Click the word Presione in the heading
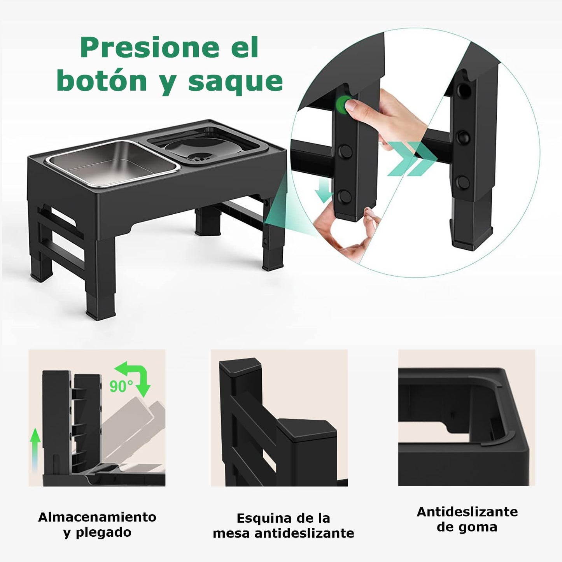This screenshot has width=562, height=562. pyautogui.click(x=150, y=47)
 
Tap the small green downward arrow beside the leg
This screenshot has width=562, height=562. pyautogui.click(x=324, y=191)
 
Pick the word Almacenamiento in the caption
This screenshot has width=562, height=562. pyautogui.click(x=97, y=517)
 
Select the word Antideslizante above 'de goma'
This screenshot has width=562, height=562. pyautogui.click(x=467, y=512)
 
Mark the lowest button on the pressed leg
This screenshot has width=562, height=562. pyautogui.click(x=345, y=196)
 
